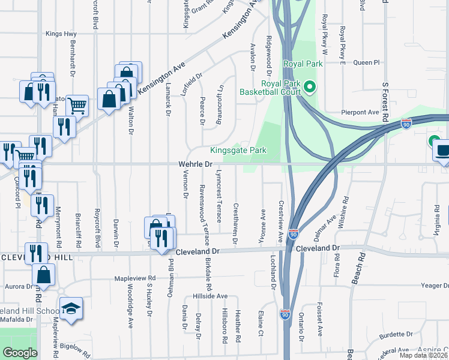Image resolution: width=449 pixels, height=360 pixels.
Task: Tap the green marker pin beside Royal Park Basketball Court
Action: coord(310,88)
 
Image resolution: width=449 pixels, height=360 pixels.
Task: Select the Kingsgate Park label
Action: coord(238,151)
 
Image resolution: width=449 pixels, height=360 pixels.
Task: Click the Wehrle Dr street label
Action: coord(196,164)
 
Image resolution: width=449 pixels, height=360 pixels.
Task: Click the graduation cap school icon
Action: coord(71,308)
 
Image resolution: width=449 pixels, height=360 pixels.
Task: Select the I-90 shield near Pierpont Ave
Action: coord(406,124)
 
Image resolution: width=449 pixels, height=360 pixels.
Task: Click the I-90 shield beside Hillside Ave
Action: coord(285,314)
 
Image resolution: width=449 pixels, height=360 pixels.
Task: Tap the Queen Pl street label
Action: coord(367,62)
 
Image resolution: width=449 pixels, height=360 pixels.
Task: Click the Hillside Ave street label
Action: coord(210,296)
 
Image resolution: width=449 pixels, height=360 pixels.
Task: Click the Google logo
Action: coord(20,353)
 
